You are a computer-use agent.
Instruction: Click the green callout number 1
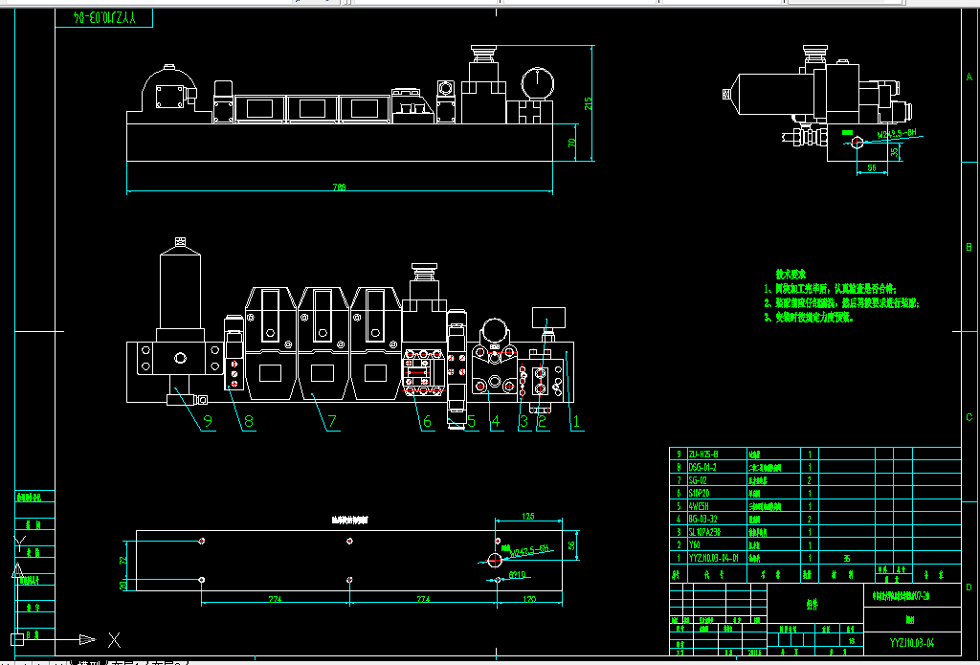pos(576,418)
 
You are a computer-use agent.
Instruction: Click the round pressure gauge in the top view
pos(538,83)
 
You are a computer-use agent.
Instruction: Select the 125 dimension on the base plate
pos(527,518)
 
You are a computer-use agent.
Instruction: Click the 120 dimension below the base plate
pos(529,600)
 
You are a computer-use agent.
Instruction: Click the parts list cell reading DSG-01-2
pos(703,466)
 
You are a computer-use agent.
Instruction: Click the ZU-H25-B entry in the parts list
pos(704,454)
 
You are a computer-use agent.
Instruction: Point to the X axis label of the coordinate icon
pos(113,638)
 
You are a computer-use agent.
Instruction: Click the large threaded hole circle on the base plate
pos(495,560)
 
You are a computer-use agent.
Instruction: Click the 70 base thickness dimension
pos(572,144)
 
